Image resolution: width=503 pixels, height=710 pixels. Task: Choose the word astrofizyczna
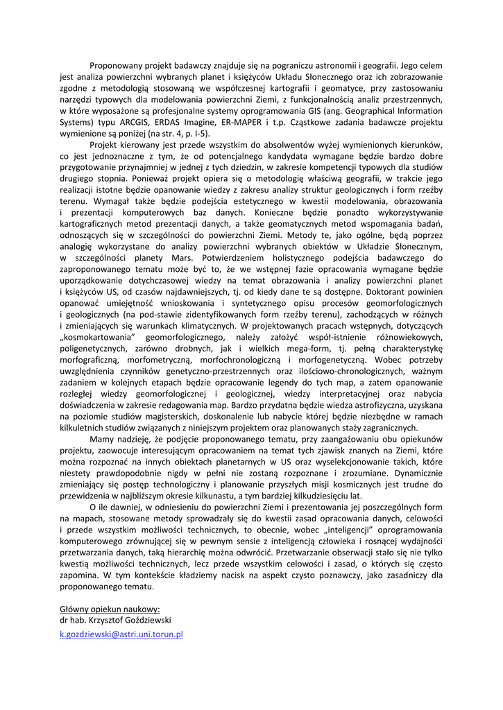342,404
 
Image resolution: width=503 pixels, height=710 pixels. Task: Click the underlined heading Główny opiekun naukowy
110,608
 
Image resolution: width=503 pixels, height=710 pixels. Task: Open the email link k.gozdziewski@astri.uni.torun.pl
121,634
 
